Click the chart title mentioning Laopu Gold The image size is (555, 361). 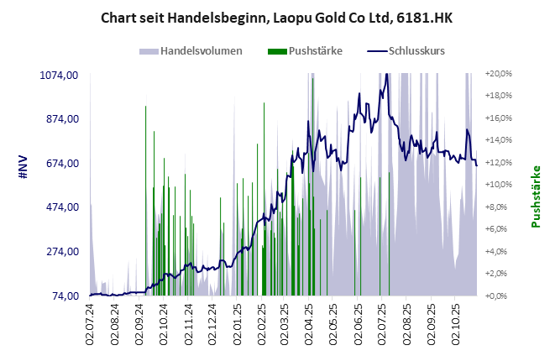(278, 17)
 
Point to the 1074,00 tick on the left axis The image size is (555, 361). (59, 75)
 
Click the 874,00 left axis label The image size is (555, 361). (61, 118)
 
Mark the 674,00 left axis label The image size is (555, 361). (61, 163)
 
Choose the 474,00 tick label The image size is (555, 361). (61, 207)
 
